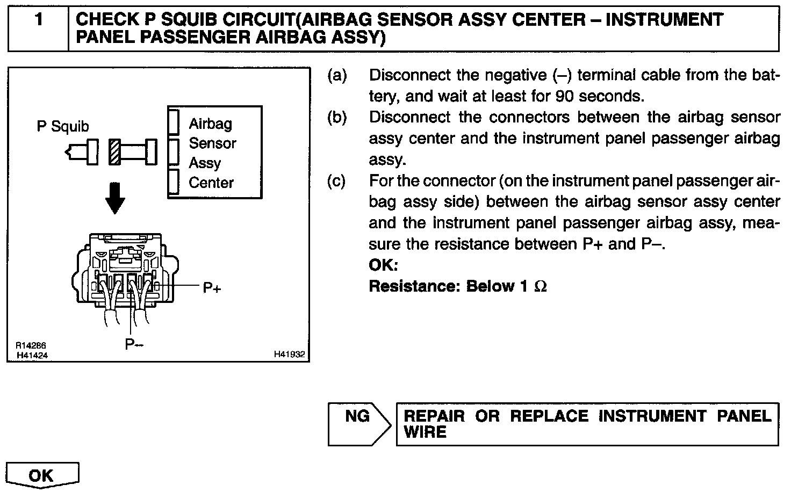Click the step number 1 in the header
pyautogui.click(x=38, y=20)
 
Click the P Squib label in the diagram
pyautogui.click(x=63, y=127)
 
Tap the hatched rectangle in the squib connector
pyautogui.click(x=114, y=152)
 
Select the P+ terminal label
pyautogui.click(x=212, y=288)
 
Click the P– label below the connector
pyautogui.click(x=134, y=344)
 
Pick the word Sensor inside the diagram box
pyautogui.click(x=212, y=143)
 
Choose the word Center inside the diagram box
pyautogui.click(x=211, y=183)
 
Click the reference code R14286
pyautogui.click(x=31, y=346)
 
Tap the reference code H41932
pyautogui.click(x=289, y=354)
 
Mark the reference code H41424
pyautogui.click(x=32, y=355)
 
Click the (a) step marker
pyautogui.click(x=337, y=75)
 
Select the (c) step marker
pyautogui.click(x=337, y=181)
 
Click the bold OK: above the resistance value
pyautogui.click(x=383, y=265)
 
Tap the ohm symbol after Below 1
pyautogui.click(x=541, y=286)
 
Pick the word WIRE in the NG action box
pyautogui.click(x=425, y=432)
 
